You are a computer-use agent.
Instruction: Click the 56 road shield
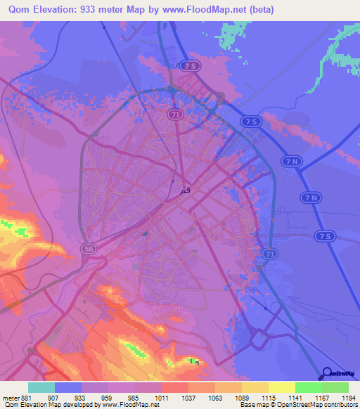[89, 249]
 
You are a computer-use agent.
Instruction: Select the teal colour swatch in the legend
[41, 387]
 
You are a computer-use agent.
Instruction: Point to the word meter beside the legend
[9, 397]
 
